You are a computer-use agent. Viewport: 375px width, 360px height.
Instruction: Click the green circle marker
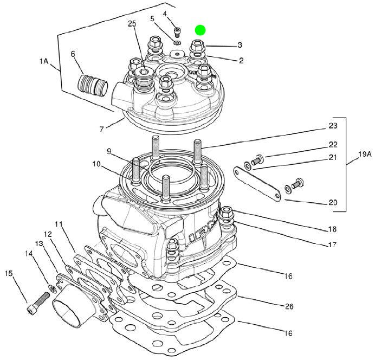point(201,30)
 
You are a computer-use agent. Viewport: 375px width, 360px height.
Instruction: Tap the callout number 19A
point(365,154)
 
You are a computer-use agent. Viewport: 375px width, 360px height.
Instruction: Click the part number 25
point(132,24)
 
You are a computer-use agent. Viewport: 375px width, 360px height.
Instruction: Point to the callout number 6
point(73,54)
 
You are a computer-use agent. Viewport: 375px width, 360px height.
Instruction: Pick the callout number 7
point(101,130)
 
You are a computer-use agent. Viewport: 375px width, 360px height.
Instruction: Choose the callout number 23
point(333,126)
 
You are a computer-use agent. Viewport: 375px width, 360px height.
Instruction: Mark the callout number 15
point(9,273)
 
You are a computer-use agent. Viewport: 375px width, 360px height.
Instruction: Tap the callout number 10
point(96,163)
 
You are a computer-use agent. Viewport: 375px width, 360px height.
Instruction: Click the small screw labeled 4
point(176,30)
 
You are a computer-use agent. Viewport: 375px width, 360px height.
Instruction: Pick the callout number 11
point(59,224)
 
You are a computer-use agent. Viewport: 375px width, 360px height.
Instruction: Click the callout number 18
point(332,229)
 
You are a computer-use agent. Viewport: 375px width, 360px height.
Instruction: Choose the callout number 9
point(108,151)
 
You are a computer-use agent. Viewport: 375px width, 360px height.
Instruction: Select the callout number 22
point(333,145)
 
